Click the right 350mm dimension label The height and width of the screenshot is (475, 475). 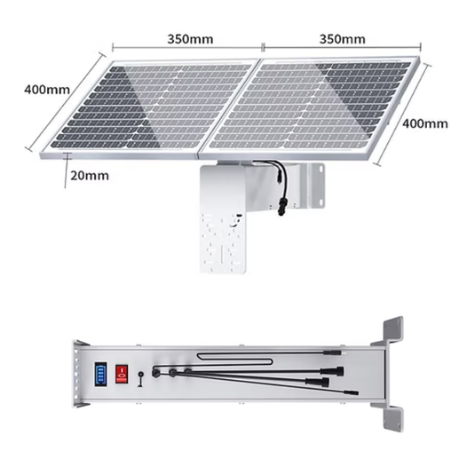[342, 39]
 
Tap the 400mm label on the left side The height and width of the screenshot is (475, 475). [45, 90]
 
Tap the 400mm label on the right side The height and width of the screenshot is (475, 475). [424, 123]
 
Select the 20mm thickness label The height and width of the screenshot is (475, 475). [89, 175]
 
